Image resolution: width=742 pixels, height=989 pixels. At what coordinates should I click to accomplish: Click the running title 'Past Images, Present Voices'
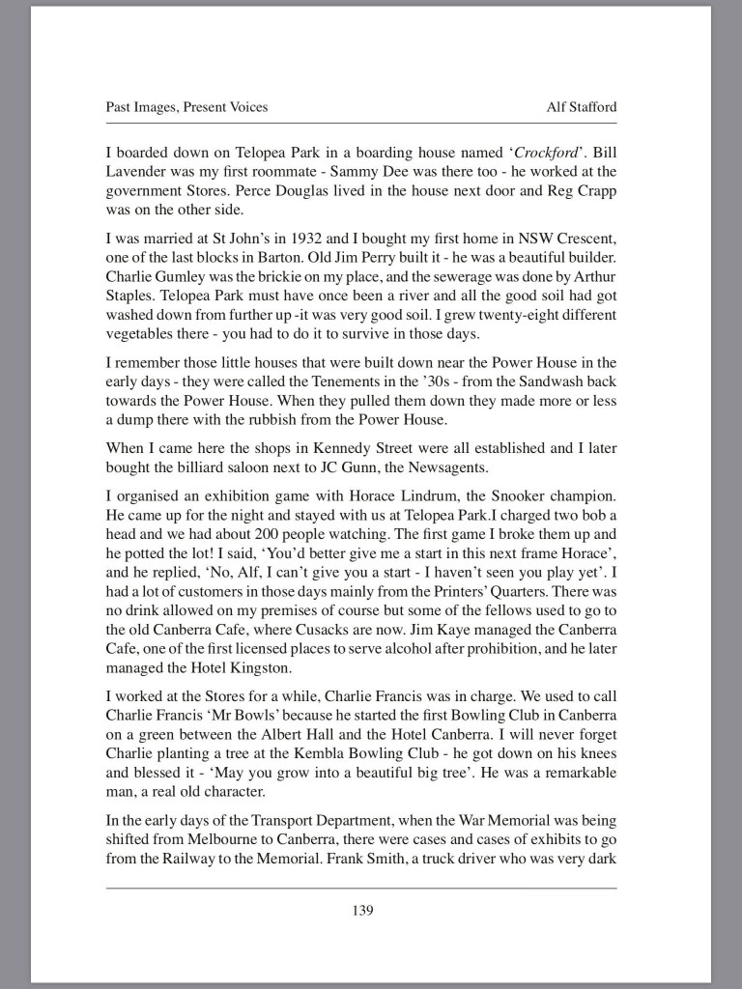coord(186,107)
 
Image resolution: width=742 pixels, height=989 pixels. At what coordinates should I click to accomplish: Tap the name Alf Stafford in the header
coord(582,107)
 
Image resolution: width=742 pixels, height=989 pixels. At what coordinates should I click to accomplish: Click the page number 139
coord(361,909)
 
